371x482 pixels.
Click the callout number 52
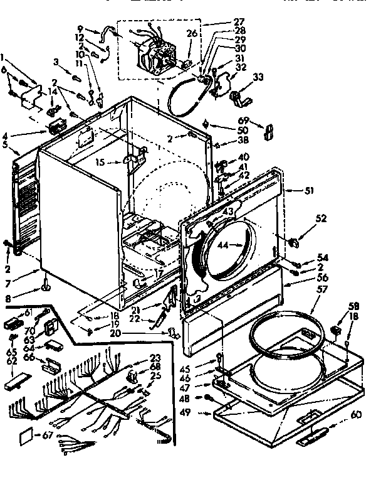coord(321,218)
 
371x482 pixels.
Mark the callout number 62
coord(11,361)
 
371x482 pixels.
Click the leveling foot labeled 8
coord(46,287)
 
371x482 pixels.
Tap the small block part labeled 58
coord(335,330)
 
